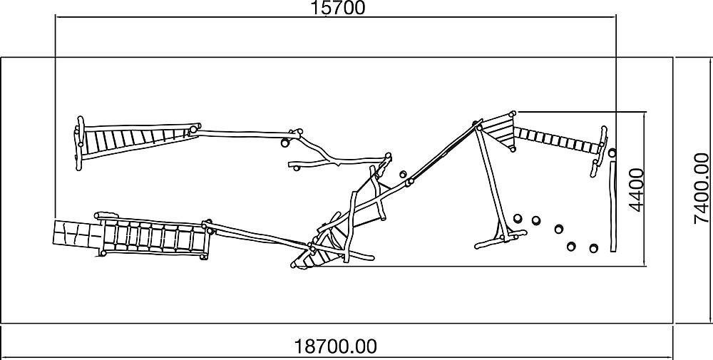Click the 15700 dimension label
[337, 8]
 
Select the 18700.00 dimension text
[336, 347]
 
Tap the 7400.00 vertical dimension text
[701, 189]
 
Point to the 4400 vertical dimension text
[637, 190]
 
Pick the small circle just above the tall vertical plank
[612, 153]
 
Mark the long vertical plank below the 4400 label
[613, 206]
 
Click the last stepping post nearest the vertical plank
[593, 248]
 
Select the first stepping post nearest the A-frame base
[518, 219]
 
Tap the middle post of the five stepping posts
[559, 229]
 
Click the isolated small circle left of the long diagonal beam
[402, 174]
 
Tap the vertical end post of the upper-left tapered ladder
[81, 143]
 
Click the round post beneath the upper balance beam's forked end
[284, 143]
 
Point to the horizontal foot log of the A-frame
[500, 239]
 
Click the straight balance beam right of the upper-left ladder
[245, 133]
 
